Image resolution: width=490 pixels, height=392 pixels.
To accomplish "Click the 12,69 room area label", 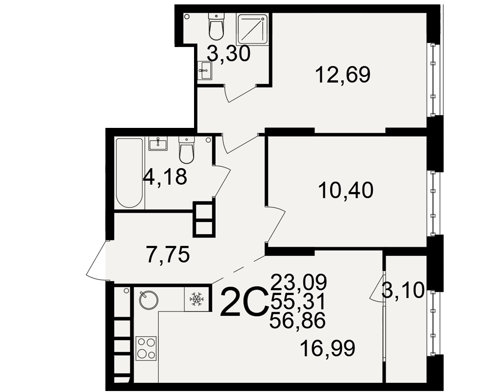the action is [x=343, y=74].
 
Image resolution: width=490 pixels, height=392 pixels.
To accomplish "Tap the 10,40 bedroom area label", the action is [x=345, y=191].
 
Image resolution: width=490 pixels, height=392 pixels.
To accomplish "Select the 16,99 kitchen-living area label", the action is [x=327, y=348].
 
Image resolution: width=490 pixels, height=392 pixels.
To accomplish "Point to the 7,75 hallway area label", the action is [x=168, y=254].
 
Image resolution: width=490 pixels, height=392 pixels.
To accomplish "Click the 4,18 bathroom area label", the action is [x=165, y=176].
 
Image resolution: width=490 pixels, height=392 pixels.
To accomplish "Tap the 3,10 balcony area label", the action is [x=403, y=291].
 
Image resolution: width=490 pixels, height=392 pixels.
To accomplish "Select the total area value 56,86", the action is [x=297, y=321].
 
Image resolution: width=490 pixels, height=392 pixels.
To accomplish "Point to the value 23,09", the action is [x=299, y=281].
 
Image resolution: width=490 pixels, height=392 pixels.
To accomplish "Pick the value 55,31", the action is [x=298, y=301].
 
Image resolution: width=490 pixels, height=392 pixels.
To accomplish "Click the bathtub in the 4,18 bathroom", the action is [x=129, y=173].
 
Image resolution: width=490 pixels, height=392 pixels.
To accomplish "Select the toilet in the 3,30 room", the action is [x=216, y=27].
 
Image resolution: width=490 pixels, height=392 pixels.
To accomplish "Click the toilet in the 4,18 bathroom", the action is [x=187, y=150].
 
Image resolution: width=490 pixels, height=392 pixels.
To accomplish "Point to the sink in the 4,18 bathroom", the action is [x=158, y=143].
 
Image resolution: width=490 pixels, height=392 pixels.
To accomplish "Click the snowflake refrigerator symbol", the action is [x=196, y=299].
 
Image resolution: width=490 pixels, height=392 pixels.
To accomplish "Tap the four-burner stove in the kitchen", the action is [x=146, y=348].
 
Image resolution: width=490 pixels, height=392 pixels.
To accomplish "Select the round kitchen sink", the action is [x=148, y=300].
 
